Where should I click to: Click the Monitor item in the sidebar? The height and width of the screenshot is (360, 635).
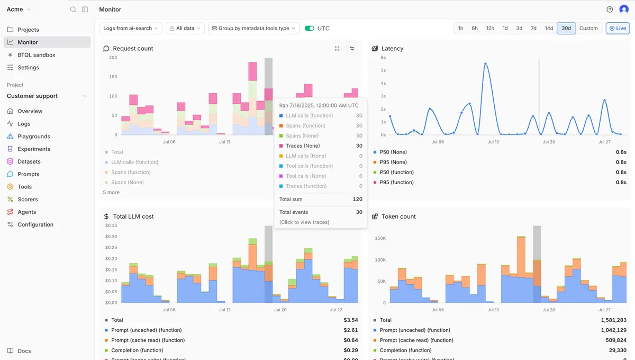point(28,42)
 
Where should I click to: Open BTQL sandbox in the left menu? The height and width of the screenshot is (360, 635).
point(36,55)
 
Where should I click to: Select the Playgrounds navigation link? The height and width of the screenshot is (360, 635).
point(33,137)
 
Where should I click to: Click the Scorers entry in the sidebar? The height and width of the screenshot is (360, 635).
point(28,200)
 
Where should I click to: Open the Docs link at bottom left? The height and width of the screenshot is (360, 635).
point(24,351)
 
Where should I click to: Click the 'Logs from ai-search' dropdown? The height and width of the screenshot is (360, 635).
point(131,29)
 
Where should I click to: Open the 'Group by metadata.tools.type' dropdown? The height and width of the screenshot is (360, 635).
point(254,29)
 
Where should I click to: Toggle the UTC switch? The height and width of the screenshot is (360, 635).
point(310,29)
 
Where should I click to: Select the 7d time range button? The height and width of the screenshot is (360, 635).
point(533,29)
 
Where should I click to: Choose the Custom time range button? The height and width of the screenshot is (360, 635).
point(588,29)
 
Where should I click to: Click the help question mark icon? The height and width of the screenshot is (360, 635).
point(610,10)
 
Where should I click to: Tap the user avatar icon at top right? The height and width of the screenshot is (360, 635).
point(624,10)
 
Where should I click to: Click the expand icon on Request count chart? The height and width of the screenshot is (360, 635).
point(337,49)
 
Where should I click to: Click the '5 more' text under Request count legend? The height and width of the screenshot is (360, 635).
point(111,193)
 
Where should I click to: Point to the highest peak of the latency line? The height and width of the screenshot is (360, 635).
point(485,64)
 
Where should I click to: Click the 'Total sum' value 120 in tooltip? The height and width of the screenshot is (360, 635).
point(357,199)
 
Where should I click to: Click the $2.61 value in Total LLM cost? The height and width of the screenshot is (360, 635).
point(350,330)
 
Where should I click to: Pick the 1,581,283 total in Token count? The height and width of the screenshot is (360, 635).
point(613,320)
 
